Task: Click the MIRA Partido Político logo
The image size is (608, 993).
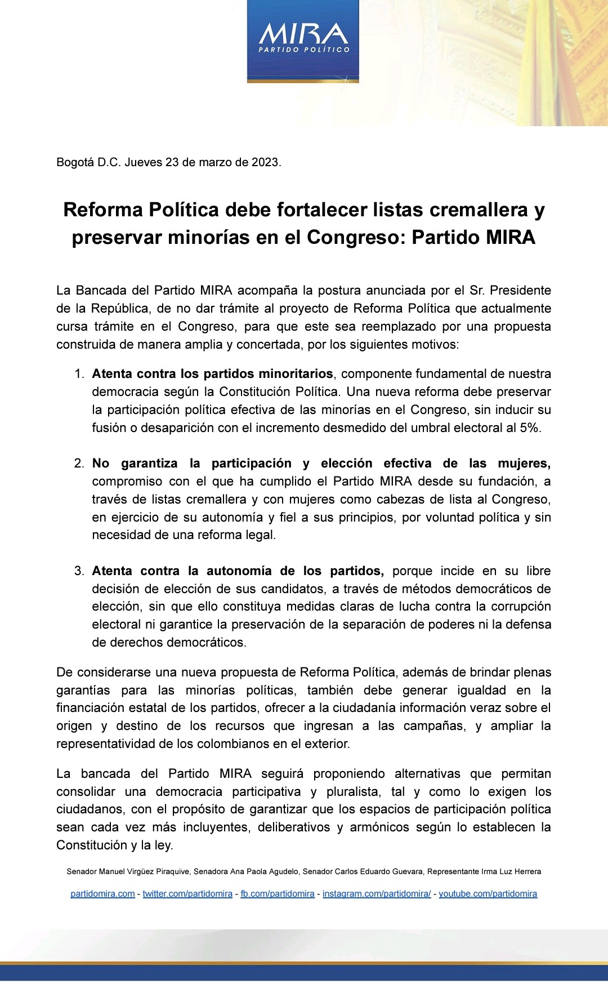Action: coord(303,41)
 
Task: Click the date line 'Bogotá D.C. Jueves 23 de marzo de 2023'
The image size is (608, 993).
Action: coord(168,162)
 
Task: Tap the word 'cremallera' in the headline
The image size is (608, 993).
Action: coord(479,210)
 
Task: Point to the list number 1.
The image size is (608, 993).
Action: coord(79,374)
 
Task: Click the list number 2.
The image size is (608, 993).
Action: coord(79,464)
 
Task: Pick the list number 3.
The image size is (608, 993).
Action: coord(79,571)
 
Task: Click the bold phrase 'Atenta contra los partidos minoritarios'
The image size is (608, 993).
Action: coord(212,374)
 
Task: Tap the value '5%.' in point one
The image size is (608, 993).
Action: coord(530,428)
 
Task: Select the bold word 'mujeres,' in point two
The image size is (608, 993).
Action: coord(524,464)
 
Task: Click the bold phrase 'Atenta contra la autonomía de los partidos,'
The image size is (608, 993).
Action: coord(238,571)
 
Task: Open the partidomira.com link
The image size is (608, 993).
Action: coord(102,894)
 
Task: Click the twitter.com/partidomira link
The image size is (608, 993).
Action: coord(187,894)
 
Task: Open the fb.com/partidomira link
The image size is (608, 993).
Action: coord(278,894)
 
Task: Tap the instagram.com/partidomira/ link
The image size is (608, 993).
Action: coord(377,894)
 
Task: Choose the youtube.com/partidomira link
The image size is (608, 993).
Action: coord(488,894)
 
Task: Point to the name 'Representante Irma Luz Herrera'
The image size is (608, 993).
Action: coord(484,871)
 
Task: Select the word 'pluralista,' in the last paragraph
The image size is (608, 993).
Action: coord(354,792)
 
